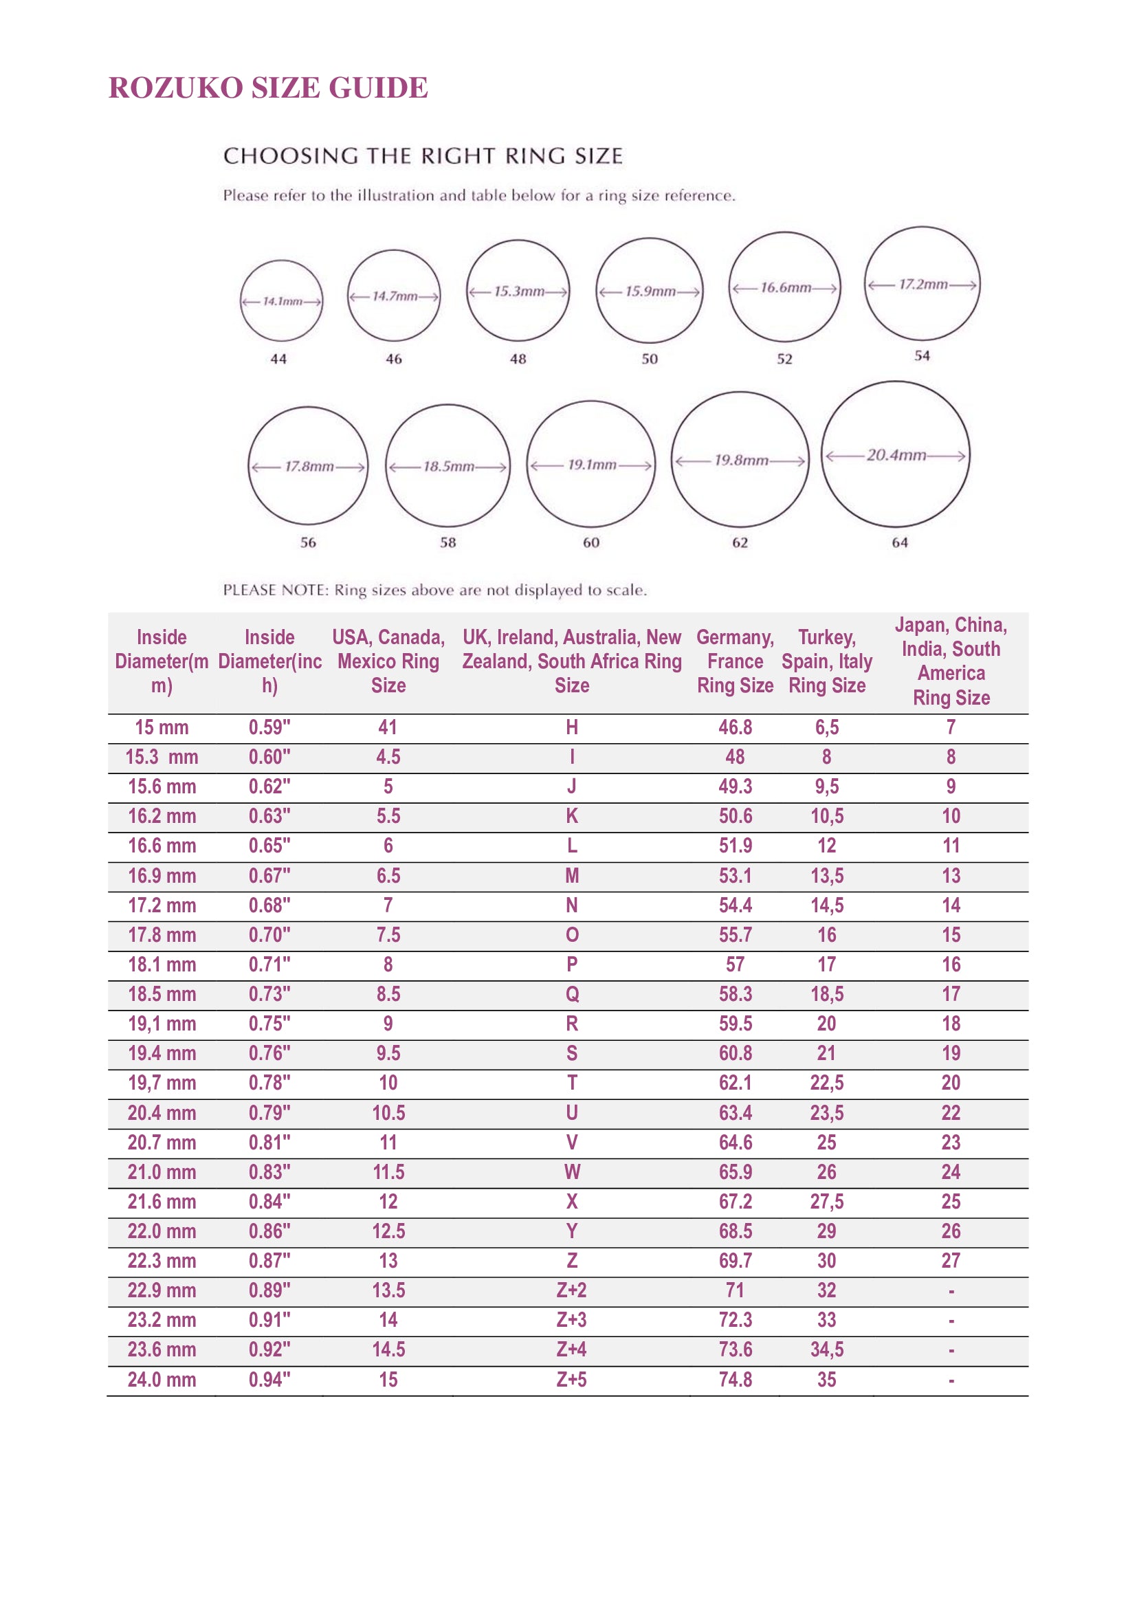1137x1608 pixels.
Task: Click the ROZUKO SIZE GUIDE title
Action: [268, 88]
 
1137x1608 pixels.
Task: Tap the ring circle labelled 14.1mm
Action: [281, 301]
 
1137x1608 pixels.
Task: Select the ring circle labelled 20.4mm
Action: [896, 454]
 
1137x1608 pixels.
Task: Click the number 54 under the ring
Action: [922, 356]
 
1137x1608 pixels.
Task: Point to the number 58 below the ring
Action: [448, 542]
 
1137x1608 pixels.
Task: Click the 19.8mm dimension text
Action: [741, 460]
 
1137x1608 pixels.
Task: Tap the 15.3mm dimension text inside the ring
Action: [519, 291]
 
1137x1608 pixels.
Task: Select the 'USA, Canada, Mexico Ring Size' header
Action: [388, 661]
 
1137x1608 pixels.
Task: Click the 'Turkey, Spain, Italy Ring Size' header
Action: [827, 661]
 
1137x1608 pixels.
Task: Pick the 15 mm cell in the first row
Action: [162, 727]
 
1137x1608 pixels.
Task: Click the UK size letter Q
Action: [572, 995]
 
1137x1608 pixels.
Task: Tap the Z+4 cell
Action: [572, 1350]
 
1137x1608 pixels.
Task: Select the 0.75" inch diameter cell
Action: [269, 1024]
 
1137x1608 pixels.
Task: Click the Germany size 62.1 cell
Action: [735, 1083]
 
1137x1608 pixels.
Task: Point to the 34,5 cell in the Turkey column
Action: [827, 1350]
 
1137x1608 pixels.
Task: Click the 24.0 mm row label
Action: [162, 1380]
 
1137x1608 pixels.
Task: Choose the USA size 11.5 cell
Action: [388, 1171]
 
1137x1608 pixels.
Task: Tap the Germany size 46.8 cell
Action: [735, 727]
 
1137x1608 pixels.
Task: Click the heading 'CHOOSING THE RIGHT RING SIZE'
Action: [423, 155]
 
